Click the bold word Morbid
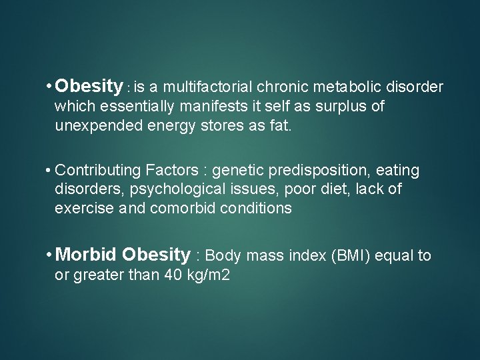tap(87, 255)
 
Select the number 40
tap(173, 275)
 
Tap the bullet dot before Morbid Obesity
tap(49, 255)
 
